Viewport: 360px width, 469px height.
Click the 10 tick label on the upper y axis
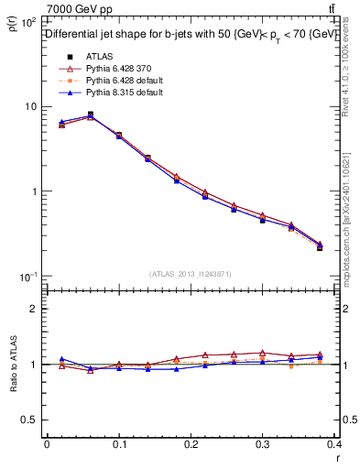(x=31, y=106)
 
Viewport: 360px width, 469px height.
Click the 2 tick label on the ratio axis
(x=35, y=309)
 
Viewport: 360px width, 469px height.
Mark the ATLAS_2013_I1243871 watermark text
(x=191, y=274)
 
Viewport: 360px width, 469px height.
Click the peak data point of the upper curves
(x=90, y=115)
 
